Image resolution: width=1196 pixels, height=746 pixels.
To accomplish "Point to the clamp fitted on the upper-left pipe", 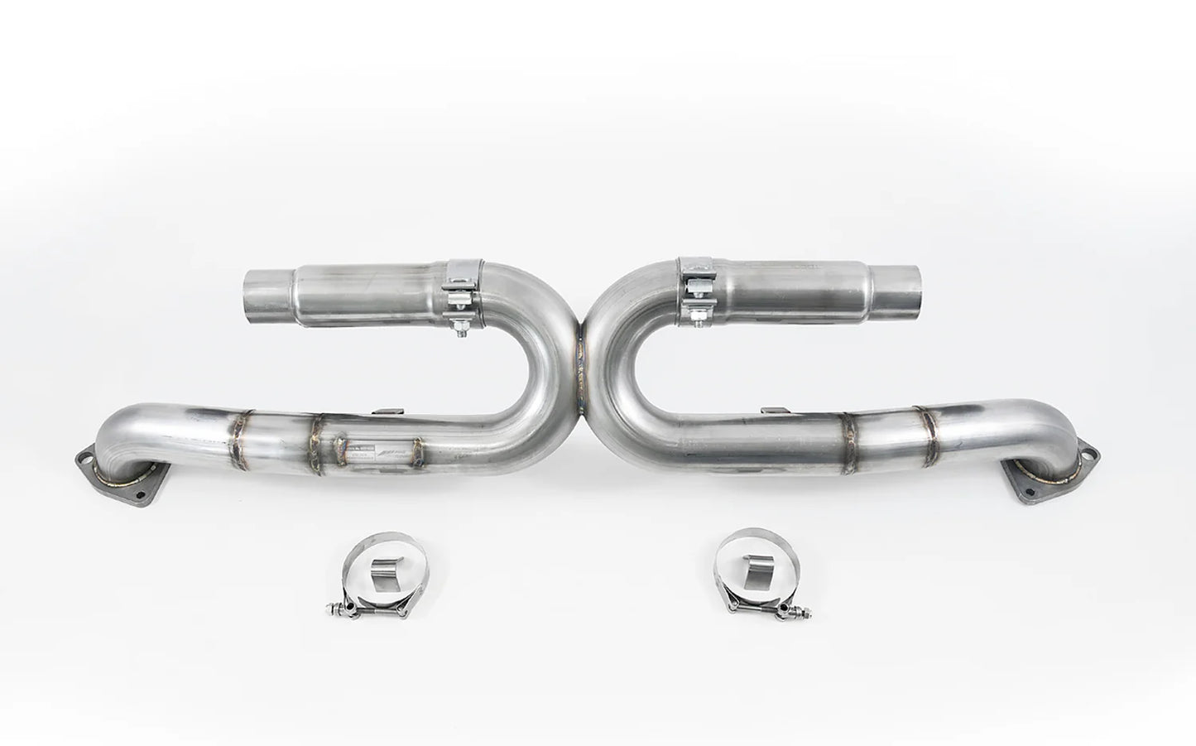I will [x=457, y=286].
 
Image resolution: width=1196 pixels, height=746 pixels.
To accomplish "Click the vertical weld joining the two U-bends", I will [x=585, y=364].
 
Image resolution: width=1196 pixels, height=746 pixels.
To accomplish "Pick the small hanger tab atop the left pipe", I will [x=382, y=410].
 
